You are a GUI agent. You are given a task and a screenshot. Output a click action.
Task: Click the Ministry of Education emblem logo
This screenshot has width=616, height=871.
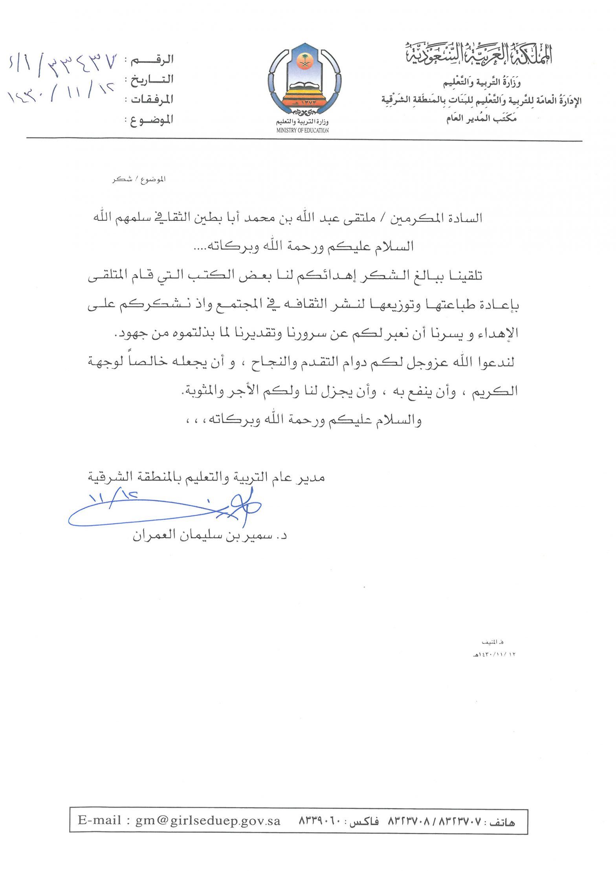click(x=304, y=81)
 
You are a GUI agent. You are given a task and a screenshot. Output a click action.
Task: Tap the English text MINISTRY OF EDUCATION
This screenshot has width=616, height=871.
click(x=302, y=130)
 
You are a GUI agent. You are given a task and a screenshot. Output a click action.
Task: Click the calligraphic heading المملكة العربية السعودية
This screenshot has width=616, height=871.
click(x=479, y=55)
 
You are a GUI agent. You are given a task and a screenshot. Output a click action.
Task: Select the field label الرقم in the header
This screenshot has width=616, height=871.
click(x=153, y=60)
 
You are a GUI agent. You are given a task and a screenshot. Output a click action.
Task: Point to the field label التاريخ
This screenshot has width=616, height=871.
click(x=152, y=80)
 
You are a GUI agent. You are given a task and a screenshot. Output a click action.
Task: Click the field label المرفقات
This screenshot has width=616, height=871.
click(x=152, y=99)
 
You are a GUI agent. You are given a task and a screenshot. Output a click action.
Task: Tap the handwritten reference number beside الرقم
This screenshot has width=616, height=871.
click(x=63, y=63)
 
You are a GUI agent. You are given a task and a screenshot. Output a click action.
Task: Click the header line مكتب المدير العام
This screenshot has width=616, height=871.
click(x=481, y=118)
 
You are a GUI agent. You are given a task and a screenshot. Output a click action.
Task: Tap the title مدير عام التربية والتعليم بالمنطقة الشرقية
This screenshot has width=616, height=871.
click(x=206, y=477)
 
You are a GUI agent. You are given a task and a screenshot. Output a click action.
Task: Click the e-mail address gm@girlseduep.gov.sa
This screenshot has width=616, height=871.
click(x=208, y=820)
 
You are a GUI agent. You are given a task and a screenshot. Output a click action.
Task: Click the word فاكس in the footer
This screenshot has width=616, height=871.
click(x=364, y=821)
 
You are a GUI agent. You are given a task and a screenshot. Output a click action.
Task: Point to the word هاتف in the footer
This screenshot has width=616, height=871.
click(x=502, y=821)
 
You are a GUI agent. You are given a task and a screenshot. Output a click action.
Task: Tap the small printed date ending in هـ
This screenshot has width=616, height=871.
click(x=494, y=655)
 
